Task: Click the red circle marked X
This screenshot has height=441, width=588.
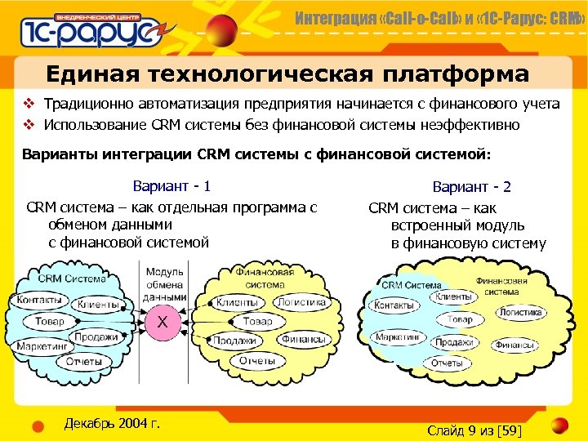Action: click(x=163, y=323)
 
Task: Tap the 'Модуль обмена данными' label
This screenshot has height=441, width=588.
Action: click(x=164, y=284)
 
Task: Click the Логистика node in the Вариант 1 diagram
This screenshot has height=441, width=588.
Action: click(x=301, y=302)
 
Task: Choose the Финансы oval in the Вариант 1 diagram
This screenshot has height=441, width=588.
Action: click(x=303, y=339)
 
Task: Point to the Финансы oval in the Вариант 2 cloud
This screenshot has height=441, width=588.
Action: click(x=514, y=345)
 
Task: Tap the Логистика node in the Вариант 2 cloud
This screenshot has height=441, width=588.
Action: click(x=520, y=312)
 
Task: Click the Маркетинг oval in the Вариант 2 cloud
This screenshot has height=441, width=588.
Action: click(x=399, y=337)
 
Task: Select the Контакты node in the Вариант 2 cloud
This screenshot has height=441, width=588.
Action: click(x=395, y=305)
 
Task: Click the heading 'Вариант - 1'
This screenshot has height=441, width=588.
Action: click(x=171, y=186)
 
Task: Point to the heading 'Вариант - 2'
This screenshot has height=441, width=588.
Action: click(x=472, y=187)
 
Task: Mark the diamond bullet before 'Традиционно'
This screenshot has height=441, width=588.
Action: click(x=28, y=104)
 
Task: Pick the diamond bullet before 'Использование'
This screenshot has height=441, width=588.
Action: click(x=28, y=125)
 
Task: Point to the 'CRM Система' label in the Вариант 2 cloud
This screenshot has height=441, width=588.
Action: click(x=412, y=285)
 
